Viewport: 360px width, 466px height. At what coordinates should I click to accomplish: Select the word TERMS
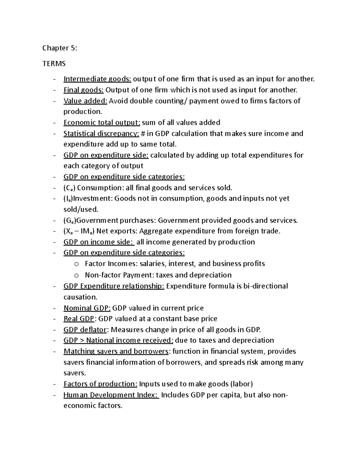point(54,64)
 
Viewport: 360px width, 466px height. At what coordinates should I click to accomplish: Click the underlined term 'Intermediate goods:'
point(97,79)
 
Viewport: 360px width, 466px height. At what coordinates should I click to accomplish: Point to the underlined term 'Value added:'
point(85,101)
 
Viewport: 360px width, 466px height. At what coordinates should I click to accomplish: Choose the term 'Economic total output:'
point(102,122)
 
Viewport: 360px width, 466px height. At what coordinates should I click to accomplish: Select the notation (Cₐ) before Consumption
point(70,188)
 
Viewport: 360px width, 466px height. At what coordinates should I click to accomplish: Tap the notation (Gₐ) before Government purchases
point(70,221)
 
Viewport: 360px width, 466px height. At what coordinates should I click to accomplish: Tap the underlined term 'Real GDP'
point(79,319)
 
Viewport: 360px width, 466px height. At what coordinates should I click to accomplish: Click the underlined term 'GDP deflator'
point(85,330)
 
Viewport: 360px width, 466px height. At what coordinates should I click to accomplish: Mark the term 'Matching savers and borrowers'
point(116,351)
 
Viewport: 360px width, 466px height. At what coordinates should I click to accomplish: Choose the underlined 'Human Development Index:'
point(111,395)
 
